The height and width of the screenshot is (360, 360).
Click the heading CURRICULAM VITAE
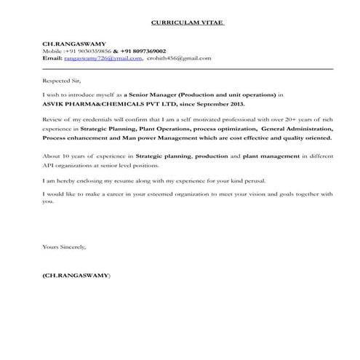(188, 23)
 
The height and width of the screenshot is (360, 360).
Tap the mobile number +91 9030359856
(88, 51)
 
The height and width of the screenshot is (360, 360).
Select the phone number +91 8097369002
(143, 51)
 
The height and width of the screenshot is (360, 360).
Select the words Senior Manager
(153, 95)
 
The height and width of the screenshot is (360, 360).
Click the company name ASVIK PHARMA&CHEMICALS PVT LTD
(100, 104)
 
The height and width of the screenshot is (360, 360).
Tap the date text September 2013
(224, 104)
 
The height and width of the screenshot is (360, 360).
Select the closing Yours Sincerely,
(64, 247)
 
